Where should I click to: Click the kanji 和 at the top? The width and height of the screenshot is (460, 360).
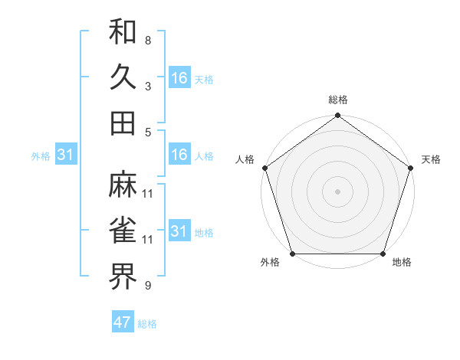[x=123, y=34]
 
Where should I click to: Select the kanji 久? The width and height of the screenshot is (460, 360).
[x=123, y=77]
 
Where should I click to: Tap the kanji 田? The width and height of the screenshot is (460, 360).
[x=123, y=123]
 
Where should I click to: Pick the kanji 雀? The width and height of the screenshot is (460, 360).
[x=123, y=231]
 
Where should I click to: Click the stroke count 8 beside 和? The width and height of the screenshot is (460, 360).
[x=148, y=40]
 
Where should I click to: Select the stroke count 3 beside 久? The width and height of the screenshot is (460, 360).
[x=148, y=86]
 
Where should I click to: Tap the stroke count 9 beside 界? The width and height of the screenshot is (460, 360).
[x=148, y=286]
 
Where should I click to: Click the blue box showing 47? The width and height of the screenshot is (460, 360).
[x=123, y=322]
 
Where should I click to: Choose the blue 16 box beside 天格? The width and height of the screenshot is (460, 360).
[x=179, y=78]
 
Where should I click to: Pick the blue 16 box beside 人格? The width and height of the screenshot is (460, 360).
[x=179, y=155]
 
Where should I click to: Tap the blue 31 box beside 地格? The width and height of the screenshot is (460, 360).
[x=179, y=231]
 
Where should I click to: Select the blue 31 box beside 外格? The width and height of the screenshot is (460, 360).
[x=66, y=155]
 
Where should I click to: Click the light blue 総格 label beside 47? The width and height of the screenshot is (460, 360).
[x=147, y=324]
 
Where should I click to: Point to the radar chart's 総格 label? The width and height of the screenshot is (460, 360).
[x=337, y=100]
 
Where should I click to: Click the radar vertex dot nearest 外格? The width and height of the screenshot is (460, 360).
[x=292, y=254]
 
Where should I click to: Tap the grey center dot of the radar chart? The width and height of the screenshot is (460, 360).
[x=337, y=191]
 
